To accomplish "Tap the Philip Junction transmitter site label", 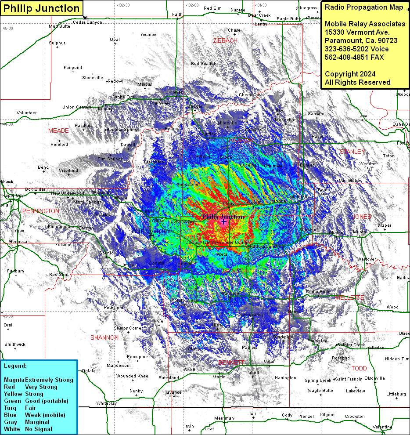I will [x=223, y=217].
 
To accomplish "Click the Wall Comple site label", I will [x=149, y=230].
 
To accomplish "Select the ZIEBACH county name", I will [x=225, y=40].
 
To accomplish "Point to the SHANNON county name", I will [x=104, y=337].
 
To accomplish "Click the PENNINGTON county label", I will [x=40, y=211].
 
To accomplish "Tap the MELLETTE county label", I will [x=349, y=297].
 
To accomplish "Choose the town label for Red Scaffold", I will [x=204, y=64].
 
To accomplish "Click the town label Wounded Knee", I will [x=132, y=376].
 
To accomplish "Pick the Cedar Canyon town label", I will [x=87, y=22].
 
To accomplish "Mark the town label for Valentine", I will [x=382, y=427].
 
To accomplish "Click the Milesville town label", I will [x=227, y=123].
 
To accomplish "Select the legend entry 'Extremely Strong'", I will [x=49, y=380].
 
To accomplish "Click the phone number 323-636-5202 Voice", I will [x=356, y=49].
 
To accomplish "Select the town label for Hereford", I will [x=59, y=144].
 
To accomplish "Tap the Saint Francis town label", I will [x=349, y=379].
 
